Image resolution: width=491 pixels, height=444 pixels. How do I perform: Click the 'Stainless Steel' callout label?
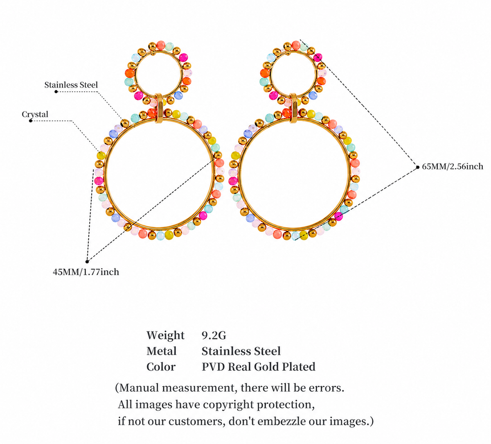click(71, 85)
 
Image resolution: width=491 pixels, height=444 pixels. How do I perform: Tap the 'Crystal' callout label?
click(35, 114)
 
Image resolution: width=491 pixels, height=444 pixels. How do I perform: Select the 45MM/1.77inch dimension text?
click(86, 272)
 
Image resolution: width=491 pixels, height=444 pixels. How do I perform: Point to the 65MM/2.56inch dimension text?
click(453, 167)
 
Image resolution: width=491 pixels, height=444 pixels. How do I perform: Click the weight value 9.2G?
click(214, 335)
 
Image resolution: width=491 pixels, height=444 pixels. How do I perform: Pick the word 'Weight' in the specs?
click(165, 335)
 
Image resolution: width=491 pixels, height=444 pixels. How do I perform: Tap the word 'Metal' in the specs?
click(162, 351)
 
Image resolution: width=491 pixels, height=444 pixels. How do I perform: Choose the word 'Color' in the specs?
click(161, 367)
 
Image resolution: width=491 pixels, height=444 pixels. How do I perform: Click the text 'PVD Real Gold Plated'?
click(259, 367)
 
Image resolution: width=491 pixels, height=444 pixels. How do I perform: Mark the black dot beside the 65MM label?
click(418, 168)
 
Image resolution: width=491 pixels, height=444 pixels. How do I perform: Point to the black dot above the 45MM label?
click(87, 261)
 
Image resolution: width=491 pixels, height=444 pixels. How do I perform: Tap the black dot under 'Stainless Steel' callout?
click(56, 92)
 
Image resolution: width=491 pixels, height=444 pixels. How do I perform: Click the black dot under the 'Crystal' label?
click(31, 121)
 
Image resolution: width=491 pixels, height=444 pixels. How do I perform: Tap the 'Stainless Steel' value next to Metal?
click(241, 351)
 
